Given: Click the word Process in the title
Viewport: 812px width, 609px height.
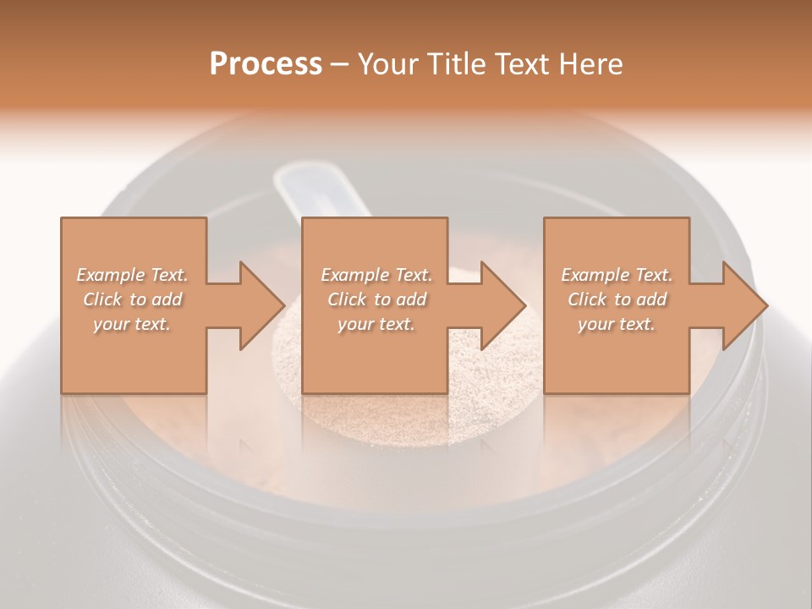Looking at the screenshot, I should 266,64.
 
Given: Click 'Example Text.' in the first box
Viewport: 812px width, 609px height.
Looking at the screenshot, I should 133,275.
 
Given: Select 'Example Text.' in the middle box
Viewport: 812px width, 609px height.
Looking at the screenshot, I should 376,275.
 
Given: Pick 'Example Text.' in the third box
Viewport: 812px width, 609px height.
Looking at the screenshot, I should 617,275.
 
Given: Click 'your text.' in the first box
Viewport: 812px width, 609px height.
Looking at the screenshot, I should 133,325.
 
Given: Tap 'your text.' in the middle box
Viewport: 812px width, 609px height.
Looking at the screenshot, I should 376,325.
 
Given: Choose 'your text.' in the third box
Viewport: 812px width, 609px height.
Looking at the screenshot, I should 617,325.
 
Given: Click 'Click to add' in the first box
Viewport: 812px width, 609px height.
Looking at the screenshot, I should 133,299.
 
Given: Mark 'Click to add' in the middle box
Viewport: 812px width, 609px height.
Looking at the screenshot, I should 376,299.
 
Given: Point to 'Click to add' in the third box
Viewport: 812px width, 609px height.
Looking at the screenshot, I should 617,299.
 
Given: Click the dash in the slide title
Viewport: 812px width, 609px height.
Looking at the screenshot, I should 340,65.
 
